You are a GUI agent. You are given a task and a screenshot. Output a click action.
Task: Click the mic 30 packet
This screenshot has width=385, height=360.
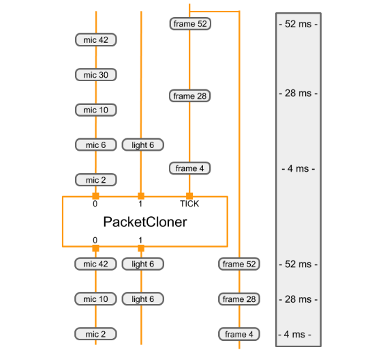point(95,75)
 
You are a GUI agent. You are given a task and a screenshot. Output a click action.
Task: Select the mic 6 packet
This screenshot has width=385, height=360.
point(95,145)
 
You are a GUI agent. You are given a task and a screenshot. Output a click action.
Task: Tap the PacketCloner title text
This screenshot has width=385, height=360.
point(144,222)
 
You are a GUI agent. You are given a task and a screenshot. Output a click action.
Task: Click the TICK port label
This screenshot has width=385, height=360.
point(189,204)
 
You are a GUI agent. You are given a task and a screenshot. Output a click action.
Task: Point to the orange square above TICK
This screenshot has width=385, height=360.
point(189,196)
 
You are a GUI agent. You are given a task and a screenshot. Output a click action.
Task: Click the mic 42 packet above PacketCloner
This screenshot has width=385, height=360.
point(95,40)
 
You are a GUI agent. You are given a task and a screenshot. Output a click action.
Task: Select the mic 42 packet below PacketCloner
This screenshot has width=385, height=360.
point(95,264)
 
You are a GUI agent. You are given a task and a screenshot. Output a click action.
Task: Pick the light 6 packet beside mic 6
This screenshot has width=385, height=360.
point(143,145)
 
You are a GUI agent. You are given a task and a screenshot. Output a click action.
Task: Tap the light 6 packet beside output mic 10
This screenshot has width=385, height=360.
point(143,299)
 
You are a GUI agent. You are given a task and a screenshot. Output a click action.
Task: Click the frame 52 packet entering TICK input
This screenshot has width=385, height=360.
point(189,24)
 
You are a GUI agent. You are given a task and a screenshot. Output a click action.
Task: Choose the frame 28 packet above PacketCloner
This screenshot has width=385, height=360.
point(189,96)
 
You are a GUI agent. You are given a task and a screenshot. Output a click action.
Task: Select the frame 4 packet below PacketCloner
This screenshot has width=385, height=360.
point(239,334)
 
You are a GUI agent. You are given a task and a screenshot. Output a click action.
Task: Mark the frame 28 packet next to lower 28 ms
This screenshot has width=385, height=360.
point(239,299)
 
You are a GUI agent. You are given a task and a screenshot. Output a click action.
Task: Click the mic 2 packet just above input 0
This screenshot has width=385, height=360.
point(95,180)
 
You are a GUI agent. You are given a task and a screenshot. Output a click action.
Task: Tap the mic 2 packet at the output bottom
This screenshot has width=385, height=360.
point(95,334)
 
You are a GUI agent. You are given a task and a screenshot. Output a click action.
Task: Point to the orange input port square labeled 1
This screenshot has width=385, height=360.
point(141,196)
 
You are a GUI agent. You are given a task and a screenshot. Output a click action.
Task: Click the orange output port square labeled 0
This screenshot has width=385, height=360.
point(95,248)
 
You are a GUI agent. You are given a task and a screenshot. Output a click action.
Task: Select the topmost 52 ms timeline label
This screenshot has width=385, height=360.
point(298,24)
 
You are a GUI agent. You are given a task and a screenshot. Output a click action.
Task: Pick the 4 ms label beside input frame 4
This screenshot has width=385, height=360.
point(298,168)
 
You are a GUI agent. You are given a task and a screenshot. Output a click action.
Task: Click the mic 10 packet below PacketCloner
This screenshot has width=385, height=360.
point(95,299)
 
